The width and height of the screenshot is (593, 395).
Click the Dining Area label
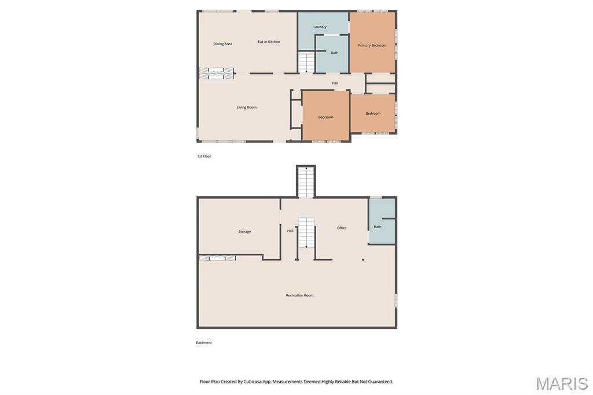click(222, 44)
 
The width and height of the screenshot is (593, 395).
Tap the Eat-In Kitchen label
click(269, 42)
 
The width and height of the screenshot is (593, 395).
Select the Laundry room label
click(320, 27)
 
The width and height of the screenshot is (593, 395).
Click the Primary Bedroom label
click(372, 45)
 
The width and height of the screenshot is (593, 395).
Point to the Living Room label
click(247, 108)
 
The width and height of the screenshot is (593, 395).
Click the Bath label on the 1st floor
click(334, 53)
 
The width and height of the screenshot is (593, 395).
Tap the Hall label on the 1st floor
click(335, 83)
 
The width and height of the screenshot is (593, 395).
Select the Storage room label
click(245, 232)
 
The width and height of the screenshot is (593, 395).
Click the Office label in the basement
click(342, 228)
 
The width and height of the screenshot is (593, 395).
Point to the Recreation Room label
click(299, 295)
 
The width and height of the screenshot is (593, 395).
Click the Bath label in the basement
click(378, 227)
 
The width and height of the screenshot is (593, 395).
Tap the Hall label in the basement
click(290, 231)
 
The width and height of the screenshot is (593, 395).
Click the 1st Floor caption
click(204, 156)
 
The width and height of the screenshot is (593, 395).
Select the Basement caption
click(204, 343)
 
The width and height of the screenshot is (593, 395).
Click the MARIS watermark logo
click(562, 383)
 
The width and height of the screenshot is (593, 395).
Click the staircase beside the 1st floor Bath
click(306, 63)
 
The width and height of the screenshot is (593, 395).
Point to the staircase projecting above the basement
click(306, 182)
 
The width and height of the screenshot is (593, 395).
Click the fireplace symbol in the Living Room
click(217, 74)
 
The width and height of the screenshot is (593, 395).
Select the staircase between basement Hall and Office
click(306, 233)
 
